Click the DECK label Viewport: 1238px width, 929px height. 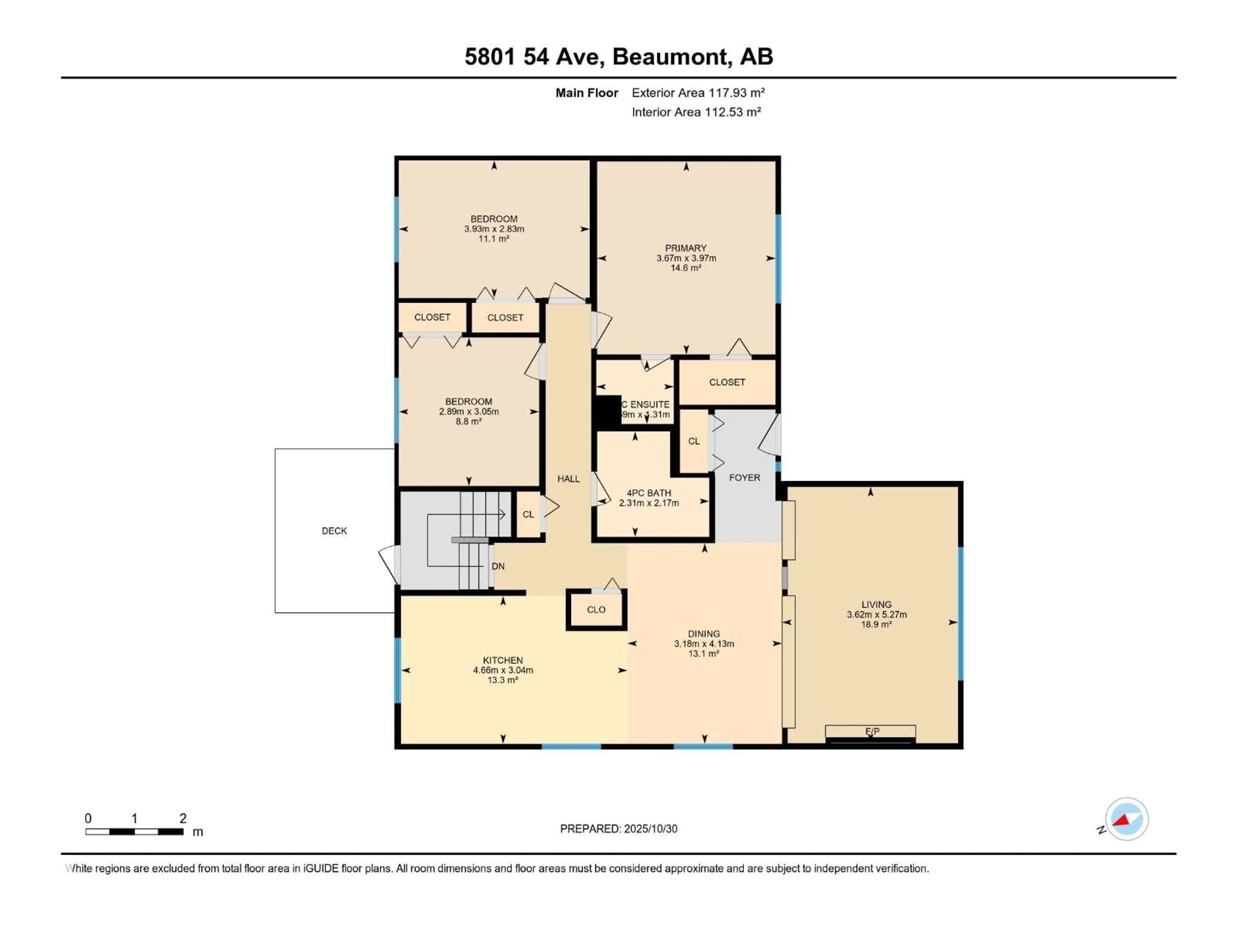334,531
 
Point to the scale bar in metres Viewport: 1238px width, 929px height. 134,832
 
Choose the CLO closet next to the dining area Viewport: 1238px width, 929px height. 596,609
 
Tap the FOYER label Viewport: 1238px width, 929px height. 744,478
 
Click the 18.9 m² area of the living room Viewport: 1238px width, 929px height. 876,624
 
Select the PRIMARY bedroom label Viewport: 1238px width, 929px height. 686,248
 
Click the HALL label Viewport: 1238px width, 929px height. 568,479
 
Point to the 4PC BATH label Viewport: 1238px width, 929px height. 649,493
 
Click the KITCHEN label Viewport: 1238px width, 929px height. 503,660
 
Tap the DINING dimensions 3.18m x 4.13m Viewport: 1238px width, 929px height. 703,644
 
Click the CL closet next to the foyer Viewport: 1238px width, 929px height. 693,441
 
